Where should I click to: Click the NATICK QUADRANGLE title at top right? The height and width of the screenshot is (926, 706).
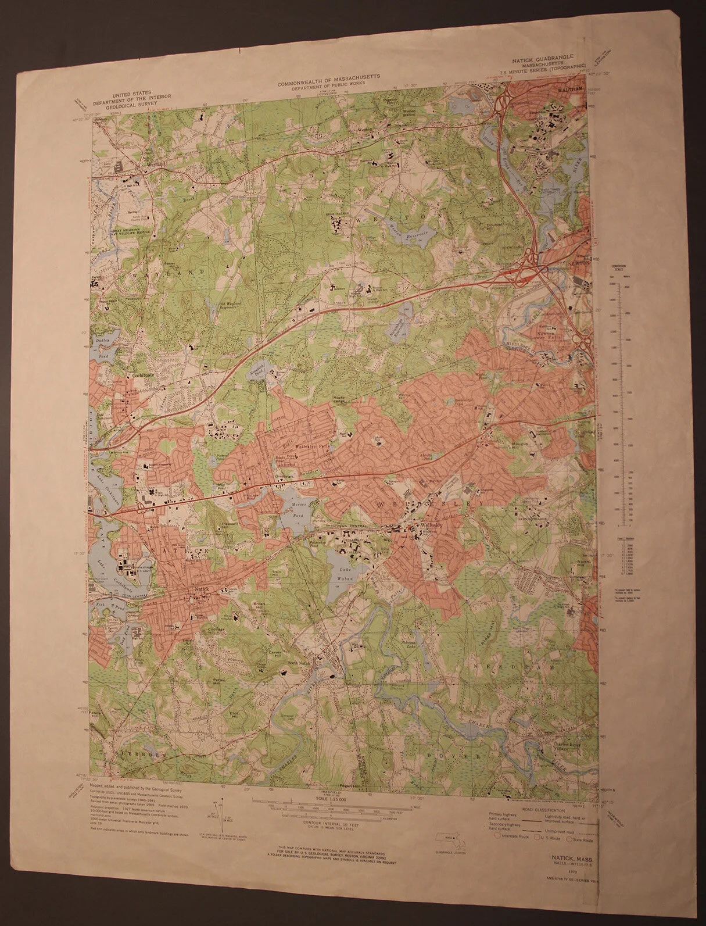pos(542,58)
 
